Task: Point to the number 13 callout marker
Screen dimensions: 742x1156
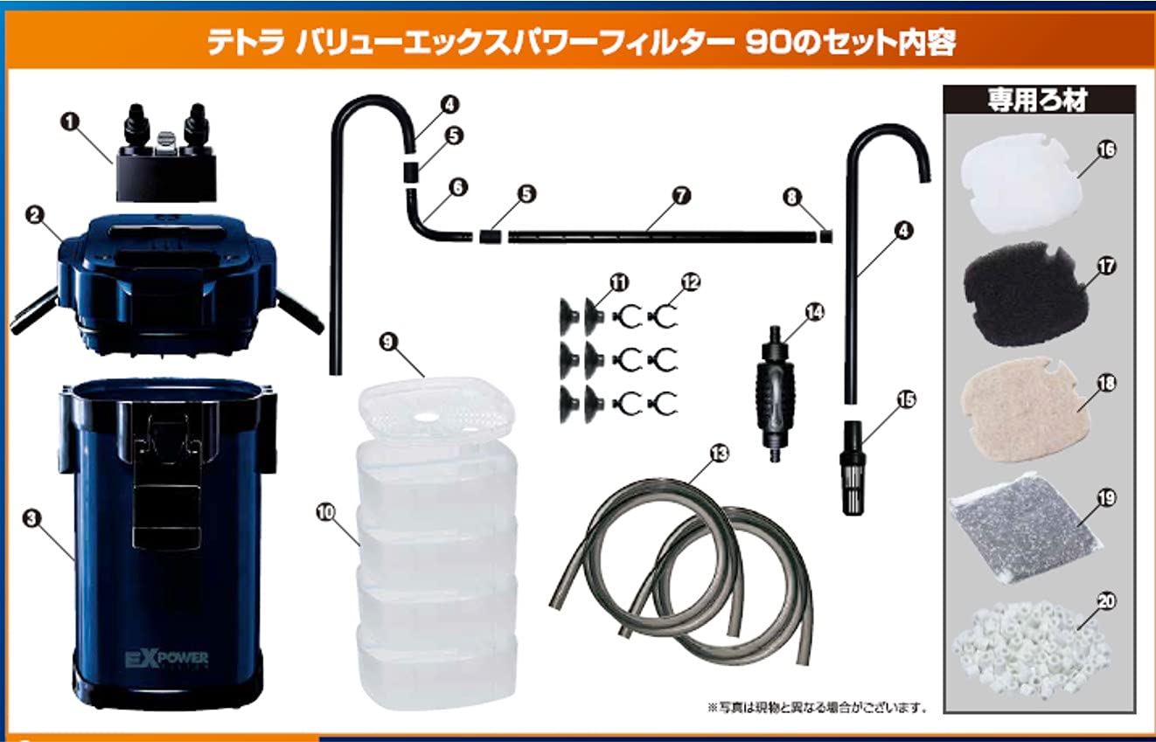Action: point(719,454)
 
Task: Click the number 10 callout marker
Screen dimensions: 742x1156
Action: point(325,512)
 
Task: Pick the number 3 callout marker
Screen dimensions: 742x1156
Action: point(31,518)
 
